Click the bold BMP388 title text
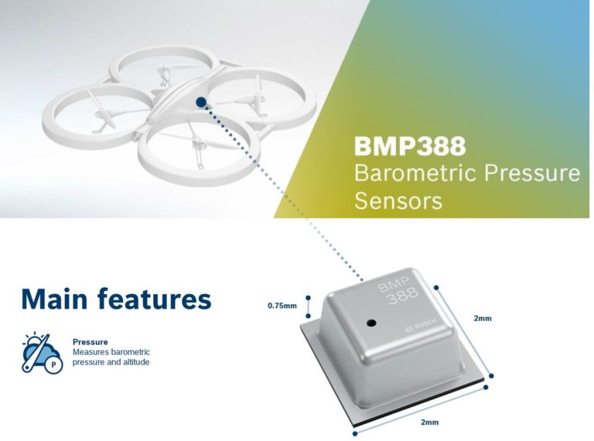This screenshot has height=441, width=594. (410, 146)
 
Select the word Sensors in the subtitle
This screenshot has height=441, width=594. (398, 200)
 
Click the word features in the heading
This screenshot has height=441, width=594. (162, 298)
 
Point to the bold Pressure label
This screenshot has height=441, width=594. (90, 341)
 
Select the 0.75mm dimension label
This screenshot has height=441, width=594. (282, 306)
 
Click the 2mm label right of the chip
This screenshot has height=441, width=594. (483, 318)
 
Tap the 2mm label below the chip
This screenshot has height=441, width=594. (429, 422)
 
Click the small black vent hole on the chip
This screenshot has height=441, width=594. (370, 321)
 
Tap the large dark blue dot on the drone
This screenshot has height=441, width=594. (201, 101)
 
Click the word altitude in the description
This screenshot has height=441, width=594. (131, 362)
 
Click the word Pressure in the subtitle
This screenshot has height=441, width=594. (529, 173)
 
